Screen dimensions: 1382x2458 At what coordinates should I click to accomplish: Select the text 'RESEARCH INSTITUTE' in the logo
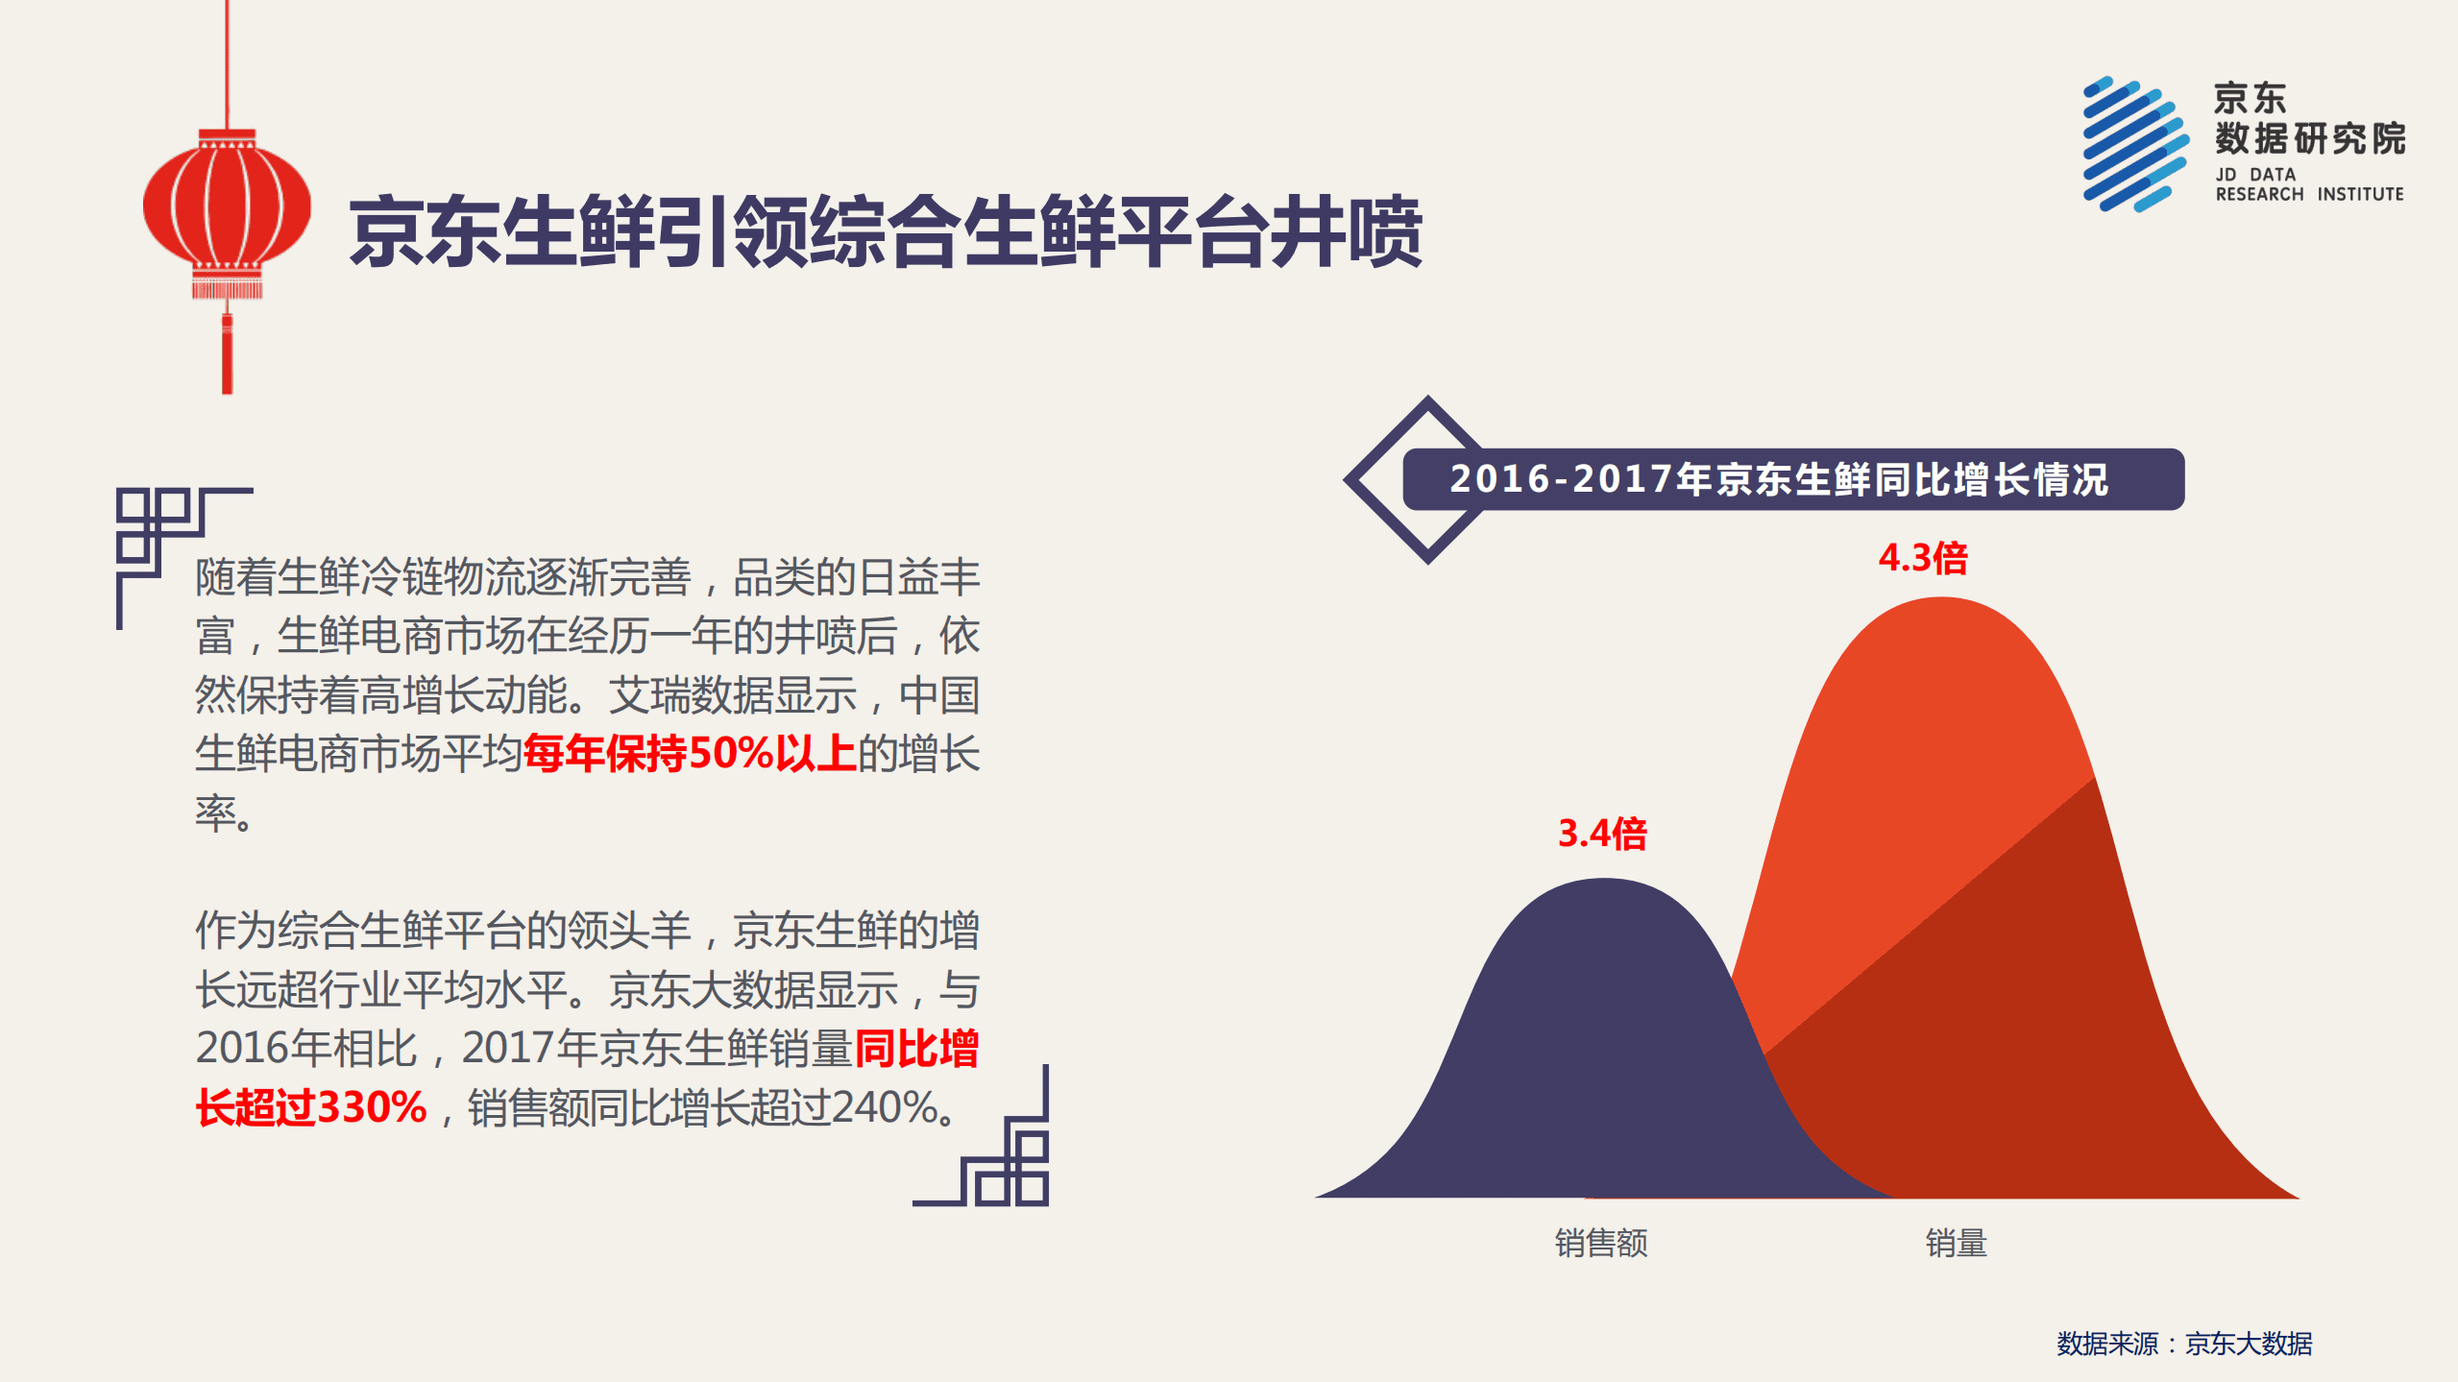tap(2309, 195)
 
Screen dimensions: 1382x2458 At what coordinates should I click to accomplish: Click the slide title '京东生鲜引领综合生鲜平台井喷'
tap(885, 231)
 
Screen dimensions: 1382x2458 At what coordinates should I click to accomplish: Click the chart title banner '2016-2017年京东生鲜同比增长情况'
tap(1778, 479)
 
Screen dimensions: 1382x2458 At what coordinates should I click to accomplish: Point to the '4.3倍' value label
tap(1923, 558)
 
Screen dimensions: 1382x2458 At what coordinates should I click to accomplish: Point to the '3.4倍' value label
tap(1601, 834)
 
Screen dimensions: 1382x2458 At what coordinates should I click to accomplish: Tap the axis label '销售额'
tap(1601, 1243)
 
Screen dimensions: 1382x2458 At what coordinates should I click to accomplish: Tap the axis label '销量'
tap(1956, 1243)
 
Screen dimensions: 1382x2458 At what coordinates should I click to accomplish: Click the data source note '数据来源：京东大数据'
tap(2184, 1344)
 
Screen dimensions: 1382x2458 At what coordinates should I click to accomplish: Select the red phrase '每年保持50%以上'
tap(689, 754)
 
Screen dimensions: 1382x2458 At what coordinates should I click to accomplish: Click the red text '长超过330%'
tap(311, 1107)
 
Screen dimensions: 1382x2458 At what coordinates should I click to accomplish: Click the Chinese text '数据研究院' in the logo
tap(2309, 139)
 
